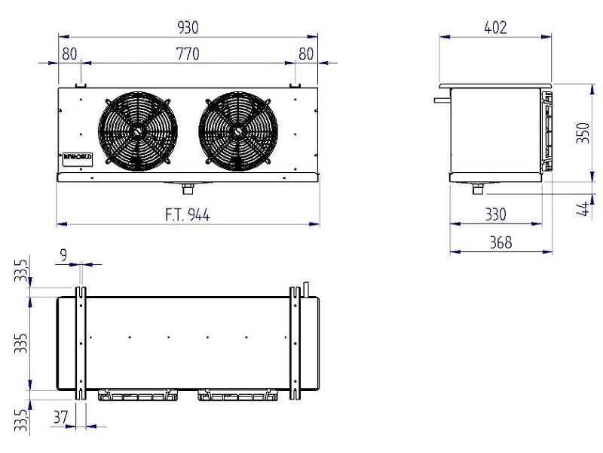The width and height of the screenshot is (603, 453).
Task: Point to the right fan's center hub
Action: pyautogui.click(x=237, y=130)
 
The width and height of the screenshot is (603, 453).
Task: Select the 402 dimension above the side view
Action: pyautogui.click(x=495, y=28)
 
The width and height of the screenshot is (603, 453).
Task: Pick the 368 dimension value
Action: pyautogui.click(x=500, y=242)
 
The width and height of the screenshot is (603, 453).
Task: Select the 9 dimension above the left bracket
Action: pyautogui.click(x=64, y=255)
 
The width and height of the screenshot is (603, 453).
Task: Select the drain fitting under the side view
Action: pyautogui.click(x=478, y=188)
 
